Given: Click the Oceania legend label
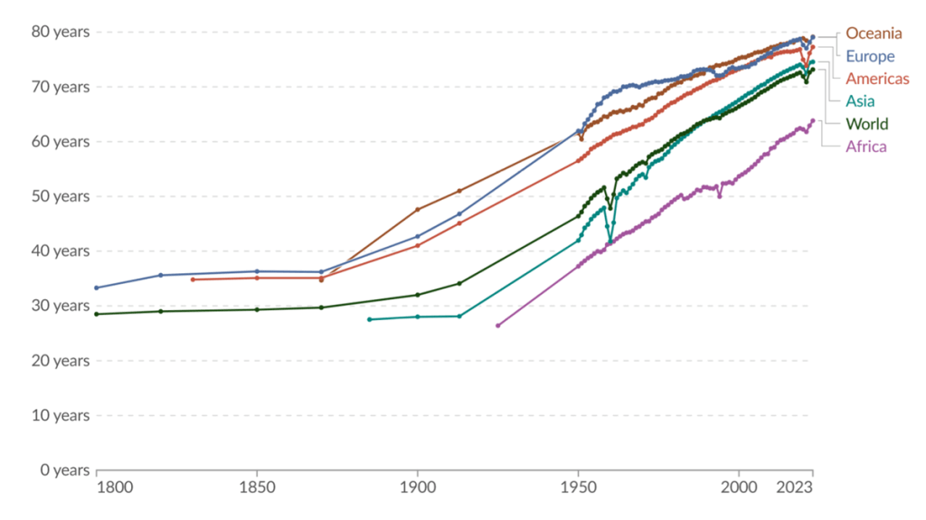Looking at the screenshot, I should [874, 33].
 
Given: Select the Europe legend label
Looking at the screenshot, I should [870, 56].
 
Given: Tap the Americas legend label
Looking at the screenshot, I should [877, 79].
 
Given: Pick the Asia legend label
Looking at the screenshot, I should [860, 101].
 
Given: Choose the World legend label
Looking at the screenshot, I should [866, 124].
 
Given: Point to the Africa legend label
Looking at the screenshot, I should [865, 147].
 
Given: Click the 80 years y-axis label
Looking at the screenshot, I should [60, 32].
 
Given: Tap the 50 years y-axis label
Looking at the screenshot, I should [60, 196].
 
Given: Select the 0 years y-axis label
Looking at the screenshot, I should [63, 470].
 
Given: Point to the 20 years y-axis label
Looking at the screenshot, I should [60, 361].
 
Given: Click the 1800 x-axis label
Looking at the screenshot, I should [114, 487].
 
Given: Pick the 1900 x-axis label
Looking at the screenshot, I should [417, 487].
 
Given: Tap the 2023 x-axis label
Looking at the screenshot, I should [797, 487].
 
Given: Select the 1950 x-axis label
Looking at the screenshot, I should [578, 487].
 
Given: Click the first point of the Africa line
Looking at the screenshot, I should [497, 326].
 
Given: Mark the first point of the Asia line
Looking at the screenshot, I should [369, 319].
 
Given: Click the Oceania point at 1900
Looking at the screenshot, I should [417, 210].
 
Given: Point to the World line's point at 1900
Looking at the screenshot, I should [417, 295].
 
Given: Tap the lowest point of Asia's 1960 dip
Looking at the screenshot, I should [610, 241].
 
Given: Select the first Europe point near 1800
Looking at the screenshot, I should [97, 288].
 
